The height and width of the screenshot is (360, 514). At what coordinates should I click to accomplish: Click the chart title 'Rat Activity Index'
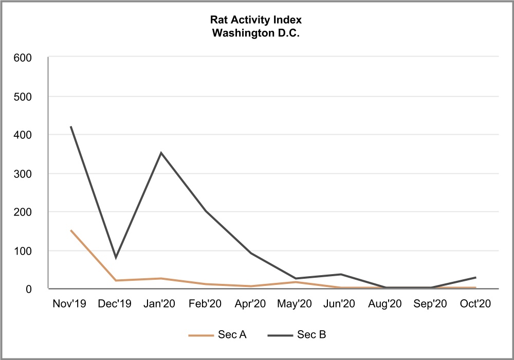click(256, 20)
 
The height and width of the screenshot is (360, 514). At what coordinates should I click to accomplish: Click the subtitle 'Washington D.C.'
click(256, 32)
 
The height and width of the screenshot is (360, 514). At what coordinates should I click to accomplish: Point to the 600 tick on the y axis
click(25, 58)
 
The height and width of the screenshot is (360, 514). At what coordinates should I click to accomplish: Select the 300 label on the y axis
click(25, 173)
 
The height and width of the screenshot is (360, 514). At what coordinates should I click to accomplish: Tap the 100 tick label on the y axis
click(25, 250)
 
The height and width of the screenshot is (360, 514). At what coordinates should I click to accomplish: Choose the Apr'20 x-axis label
click(251, 304)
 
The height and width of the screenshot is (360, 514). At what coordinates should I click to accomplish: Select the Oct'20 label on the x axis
click(475, 304)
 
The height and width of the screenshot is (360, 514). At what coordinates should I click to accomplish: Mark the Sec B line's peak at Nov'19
click(71, 127)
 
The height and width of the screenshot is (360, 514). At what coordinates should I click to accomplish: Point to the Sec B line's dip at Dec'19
click(116, 258)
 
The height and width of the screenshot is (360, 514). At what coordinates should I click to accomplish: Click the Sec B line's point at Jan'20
click(161, 153)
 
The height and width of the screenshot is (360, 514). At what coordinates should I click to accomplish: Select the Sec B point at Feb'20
click(206, 211)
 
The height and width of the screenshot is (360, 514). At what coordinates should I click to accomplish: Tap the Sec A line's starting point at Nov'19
click(71, 230)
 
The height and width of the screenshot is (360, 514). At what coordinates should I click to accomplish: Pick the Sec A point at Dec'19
click(116, 280)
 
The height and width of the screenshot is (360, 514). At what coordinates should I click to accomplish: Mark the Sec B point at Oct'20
click(475, 278)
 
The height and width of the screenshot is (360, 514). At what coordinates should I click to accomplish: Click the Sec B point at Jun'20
click(341, 274)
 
